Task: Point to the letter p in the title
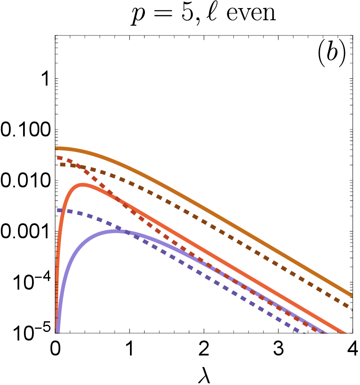click(139, 15)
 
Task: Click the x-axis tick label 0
click(55, 348)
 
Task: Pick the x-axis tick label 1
click(130, 348)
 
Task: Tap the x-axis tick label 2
click(204, 348)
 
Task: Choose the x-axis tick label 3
click(278, 348)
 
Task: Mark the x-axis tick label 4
click(353, 348)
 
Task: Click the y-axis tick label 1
click(46, 79)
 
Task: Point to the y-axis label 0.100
click(26, 130)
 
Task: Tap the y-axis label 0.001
click(26, 232)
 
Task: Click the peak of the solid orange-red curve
click(83, 185)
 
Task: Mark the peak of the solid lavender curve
click(115, 231)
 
